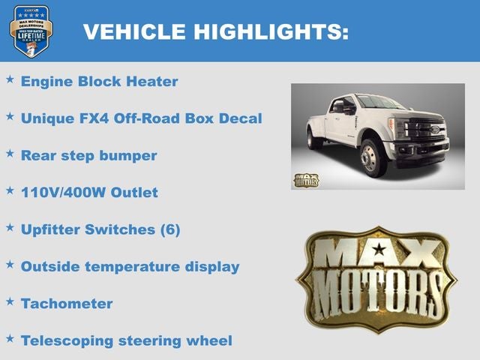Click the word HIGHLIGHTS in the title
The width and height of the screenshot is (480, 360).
[x=271, y=31]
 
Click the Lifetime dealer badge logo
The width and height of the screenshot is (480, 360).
[x=31, y=31]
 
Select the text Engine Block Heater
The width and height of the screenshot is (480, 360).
[x=99, y=81]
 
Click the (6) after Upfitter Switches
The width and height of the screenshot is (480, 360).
[x=170, y=229]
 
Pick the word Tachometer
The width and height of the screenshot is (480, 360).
[x=67, y=303]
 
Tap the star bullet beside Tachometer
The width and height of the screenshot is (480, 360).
[x=10, y=301]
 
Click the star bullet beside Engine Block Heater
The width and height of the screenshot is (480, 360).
[x=10, y=78]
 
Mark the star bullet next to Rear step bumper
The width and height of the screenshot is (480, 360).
[x=10, y=152]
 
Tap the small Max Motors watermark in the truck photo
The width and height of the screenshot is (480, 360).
[x=306, y=180]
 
